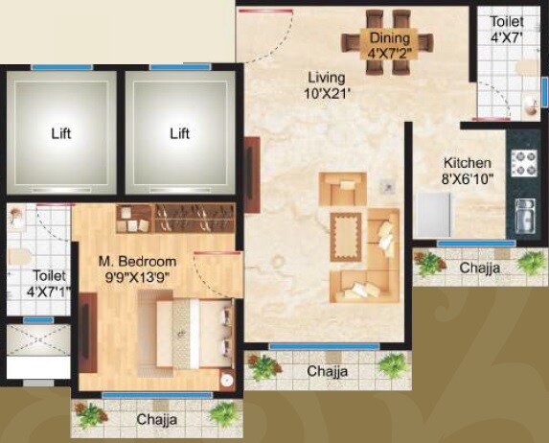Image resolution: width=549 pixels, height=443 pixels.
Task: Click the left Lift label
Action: click(x=61, y=134)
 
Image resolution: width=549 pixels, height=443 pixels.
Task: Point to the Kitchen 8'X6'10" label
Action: click(x=466, y=172)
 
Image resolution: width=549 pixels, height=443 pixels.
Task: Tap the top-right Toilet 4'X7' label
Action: click(x=507, y=29)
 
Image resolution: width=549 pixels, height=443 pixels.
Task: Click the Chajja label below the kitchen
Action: click(x=480, y=268)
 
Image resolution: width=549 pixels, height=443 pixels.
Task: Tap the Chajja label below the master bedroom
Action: click(x=156, y=420)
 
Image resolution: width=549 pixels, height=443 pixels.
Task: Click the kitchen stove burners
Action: click(x=524, y=164)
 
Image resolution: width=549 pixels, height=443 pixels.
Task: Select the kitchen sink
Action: click(x=525, y=220)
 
